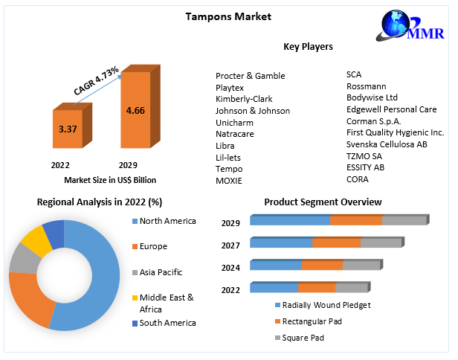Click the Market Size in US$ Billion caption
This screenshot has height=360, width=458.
coord(110,179)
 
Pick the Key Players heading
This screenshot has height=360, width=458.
coord(308,47)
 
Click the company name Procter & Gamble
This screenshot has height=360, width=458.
coord(250,76)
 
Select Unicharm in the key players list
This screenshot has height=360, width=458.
coord(235,122)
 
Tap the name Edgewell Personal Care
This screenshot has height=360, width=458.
coord(391,109)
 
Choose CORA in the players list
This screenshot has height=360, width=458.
coord(358,179)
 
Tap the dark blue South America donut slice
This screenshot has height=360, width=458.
coord(54,233)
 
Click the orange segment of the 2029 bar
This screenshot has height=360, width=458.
coord(355,220)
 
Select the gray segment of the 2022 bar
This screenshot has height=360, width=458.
coord(351,288)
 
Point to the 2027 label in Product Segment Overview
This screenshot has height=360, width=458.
coord(230,245)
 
